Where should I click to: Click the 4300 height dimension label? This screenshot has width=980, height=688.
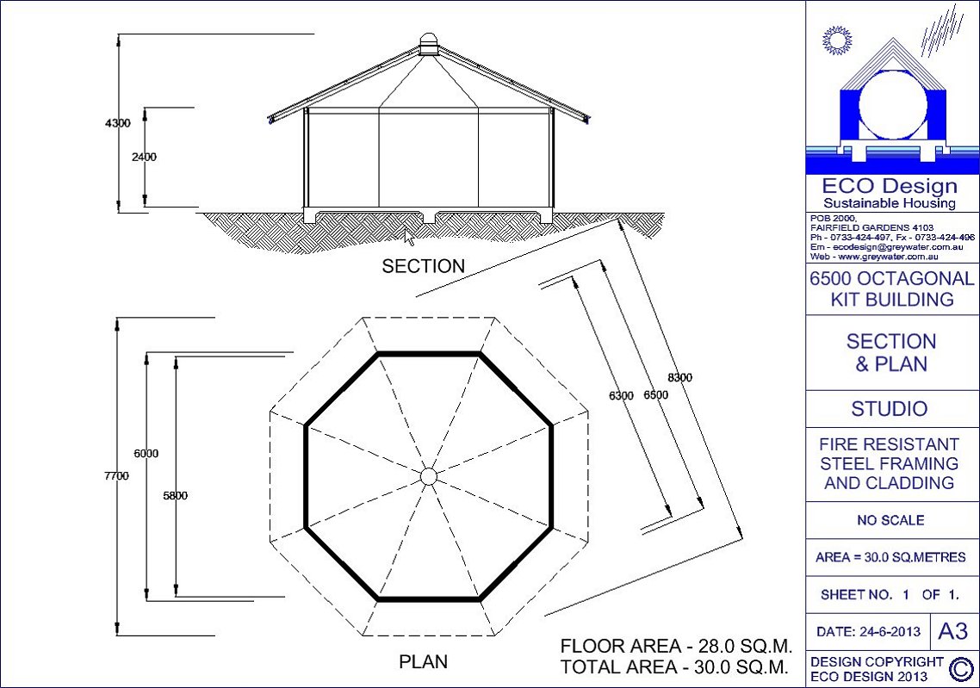[117, 123]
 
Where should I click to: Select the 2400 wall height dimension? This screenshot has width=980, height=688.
[144, 157]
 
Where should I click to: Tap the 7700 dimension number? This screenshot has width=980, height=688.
[116, 476]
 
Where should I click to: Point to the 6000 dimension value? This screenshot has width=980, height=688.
[146, 454]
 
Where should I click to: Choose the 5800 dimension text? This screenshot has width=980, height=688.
[175, 495]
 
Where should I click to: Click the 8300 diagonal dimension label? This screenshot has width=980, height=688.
[680, 377]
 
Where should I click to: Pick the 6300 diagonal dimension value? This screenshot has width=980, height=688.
[621, 395]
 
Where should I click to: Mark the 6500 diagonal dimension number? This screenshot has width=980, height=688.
[655, 395]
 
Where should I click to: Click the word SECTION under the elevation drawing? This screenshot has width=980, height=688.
[423, 266]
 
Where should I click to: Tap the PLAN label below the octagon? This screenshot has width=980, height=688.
[423, 661]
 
